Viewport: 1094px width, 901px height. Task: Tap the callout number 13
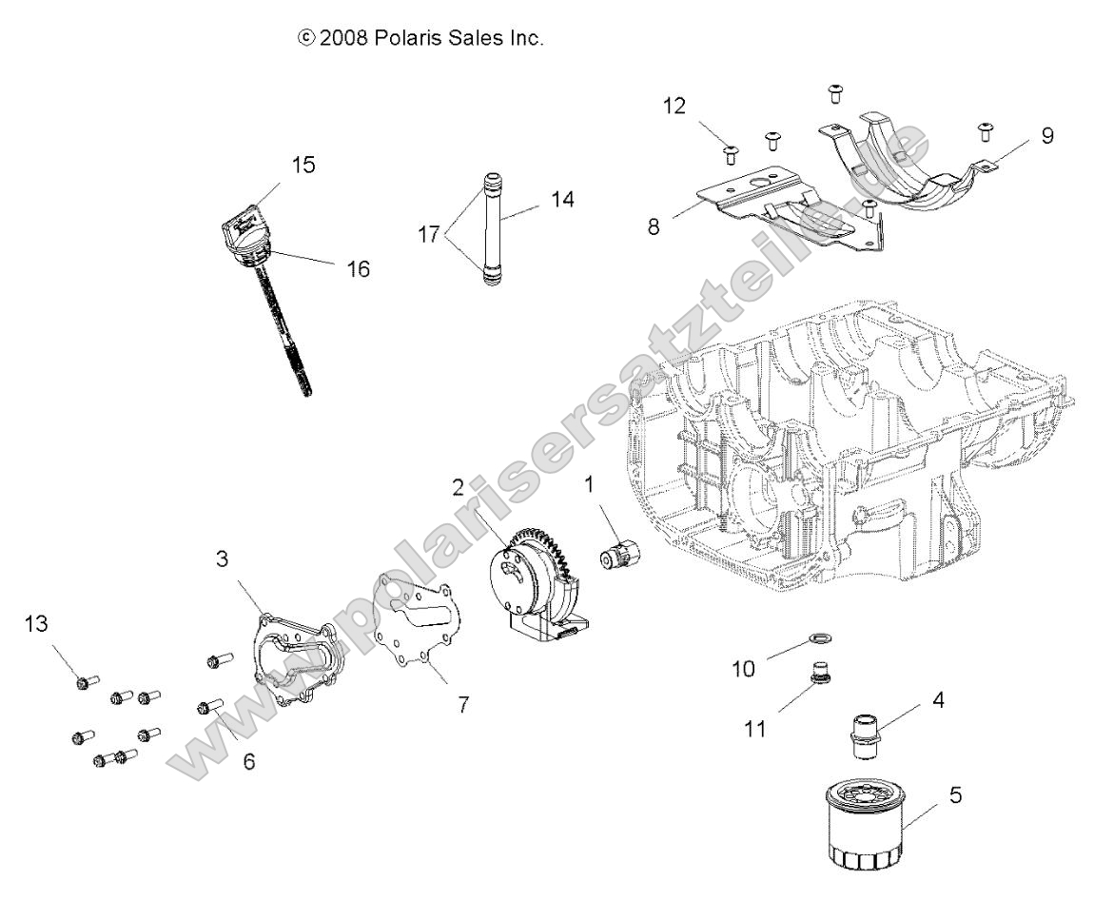pos(35,624)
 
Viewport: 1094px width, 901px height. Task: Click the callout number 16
pos(358,269)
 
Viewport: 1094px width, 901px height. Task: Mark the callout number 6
pos(248,762)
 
